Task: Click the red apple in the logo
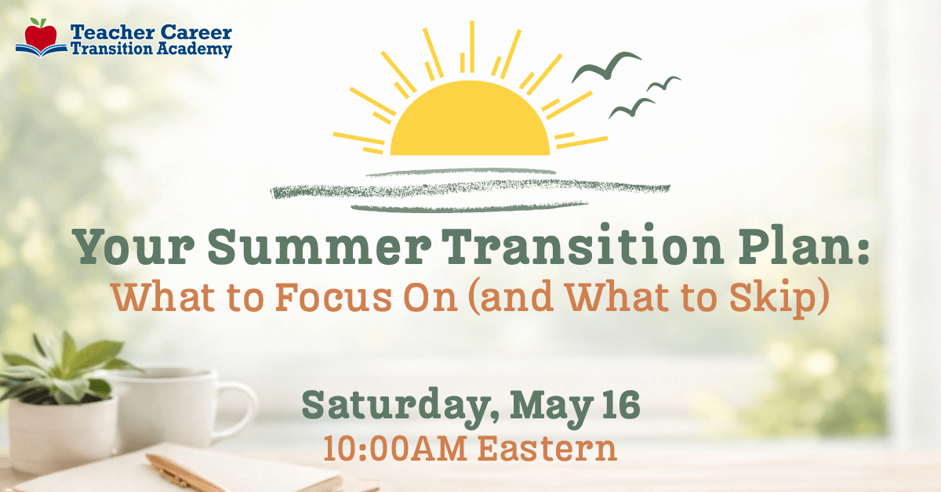41,34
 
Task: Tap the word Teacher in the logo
112,32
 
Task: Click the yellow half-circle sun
470,120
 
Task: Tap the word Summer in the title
319,247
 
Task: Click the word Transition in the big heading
583,244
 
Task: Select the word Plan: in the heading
804,244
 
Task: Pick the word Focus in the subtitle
334,298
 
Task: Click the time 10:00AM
395,449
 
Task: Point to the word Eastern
547,449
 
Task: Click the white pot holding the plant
62,435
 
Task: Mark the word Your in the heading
133,247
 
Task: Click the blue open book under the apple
41,50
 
